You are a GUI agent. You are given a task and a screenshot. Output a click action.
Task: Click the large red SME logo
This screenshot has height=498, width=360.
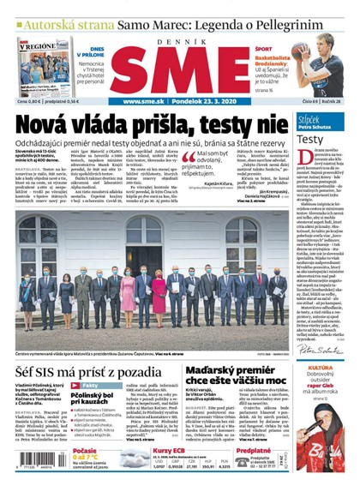point(181,68)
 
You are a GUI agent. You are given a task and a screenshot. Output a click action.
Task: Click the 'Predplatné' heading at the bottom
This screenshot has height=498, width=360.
point(255,449)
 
